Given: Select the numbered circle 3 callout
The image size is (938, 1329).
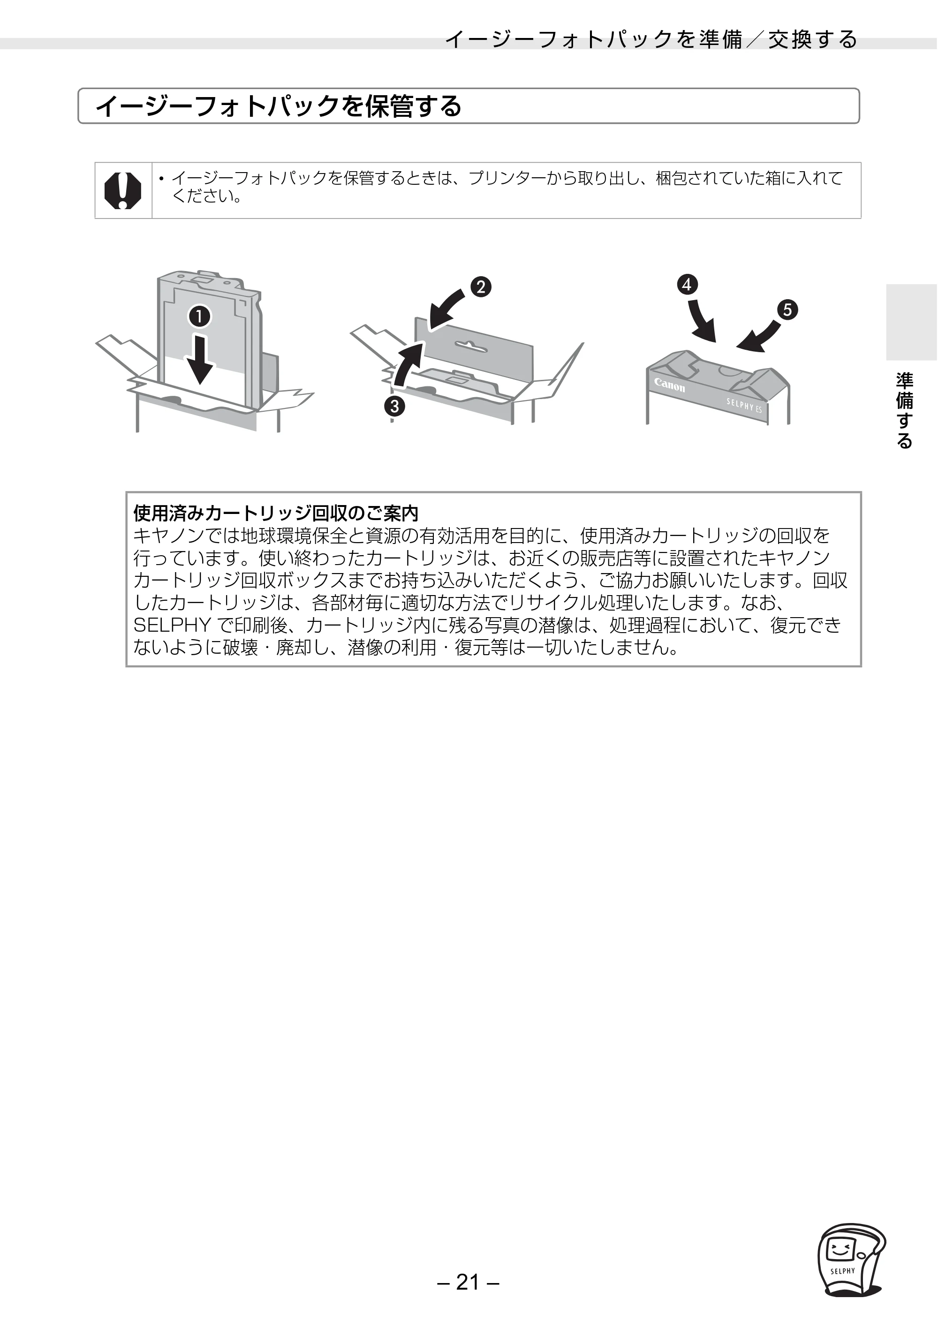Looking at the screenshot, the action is (x=394, y=406).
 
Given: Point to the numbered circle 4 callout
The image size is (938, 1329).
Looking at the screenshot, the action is (x=687, y=285).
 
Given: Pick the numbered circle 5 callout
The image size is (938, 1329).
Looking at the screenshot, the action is (x=787, y=310).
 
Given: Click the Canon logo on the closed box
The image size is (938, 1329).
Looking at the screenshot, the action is (x=669, y=385).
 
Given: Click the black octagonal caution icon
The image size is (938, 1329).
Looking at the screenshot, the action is (x=123, y=190).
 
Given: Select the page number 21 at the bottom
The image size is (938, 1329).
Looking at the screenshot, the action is (x=469, y=1282).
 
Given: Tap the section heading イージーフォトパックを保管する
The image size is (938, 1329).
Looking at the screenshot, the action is (x=278, y=106).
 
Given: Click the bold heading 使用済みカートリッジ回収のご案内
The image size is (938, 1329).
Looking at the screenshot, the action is (x=276, y=513).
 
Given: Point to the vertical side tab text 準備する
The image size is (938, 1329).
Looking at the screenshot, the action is (x=904, y=410).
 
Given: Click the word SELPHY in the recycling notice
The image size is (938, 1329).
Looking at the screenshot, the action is (x=171, y=625).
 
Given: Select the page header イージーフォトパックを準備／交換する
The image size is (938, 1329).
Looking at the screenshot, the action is (x=651, y=39).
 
